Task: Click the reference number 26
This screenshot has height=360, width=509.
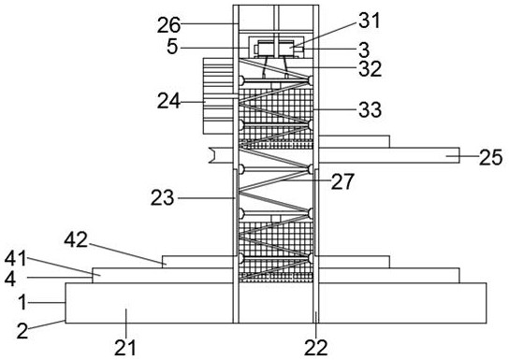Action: coord(168,25)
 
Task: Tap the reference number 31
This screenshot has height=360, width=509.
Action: coord(369,21)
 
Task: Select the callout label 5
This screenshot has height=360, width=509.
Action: coord(172,47)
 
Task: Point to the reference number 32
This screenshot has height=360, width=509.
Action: coord(371,69)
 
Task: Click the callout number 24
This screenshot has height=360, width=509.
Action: coord(168,101)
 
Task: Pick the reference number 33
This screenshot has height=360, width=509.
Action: coord(371,109)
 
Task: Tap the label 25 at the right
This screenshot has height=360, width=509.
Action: coord(491,158)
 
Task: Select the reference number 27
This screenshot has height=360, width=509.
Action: coord(342,181)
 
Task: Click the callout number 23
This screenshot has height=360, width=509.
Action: coord(162,197)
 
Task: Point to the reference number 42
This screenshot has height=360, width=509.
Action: coord(76,240)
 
